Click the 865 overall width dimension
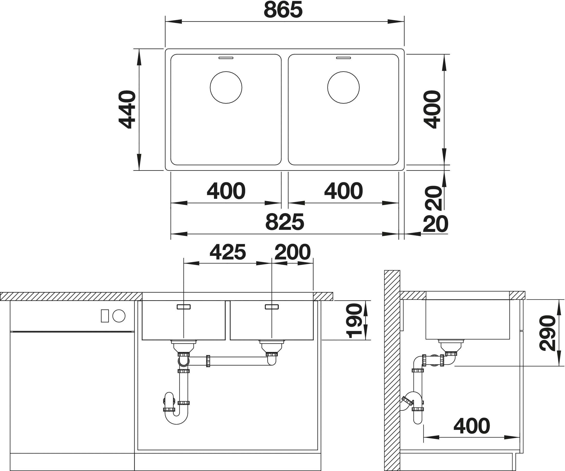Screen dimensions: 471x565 (283, 10)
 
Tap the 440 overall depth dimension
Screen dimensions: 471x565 (127, 109)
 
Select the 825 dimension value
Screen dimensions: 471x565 (285, 222)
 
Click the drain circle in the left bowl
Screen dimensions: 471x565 (226, 87)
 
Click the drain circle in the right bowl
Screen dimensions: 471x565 (343, 87)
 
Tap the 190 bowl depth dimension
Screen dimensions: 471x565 (354, 320)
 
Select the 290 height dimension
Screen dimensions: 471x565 (548, 333)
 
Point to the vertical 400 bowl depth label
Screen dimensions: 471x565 (432, 109)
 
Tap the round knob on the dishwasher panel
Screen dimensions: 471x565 (119, 316)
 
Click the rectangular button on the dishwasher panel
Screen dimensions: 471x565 (105, 316)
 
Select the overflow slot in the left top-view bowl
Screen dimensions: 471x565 (226, 58)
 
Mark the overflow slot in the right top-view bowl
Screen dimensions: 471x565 (343, 58)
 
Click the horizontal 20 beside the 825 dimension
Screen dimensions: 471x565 (435, 224)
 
